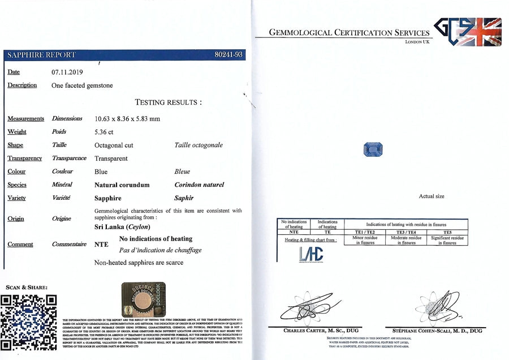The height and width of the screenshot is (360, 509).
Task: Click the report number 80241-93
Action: (229, 55)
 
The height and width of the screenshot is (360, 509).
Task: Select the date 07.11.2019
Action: (67, 72)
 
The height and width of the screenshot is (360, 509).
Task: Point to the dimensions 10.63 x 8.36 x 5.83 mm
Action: (127, 119)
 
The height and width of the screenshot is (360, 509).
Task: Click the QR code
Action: (29, 322)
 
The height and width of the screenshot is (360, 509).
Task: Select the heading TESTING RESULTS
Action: (168, 102)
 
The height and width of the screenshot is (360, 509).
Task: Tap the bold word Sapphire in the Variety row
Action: (108, 198)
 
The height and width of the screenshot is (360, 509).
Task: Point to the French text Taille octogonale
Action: (199, 145)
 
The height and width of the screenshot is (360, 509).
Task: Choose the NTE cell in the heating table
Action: (294, 232)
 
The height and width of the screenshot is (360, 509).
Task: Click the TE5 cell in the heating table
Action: (447, 232)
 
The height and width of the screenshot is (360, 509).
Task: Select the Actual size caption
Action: (432, 196)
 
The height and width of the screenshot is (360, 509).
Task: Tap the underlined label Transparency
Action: (25, 158)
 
